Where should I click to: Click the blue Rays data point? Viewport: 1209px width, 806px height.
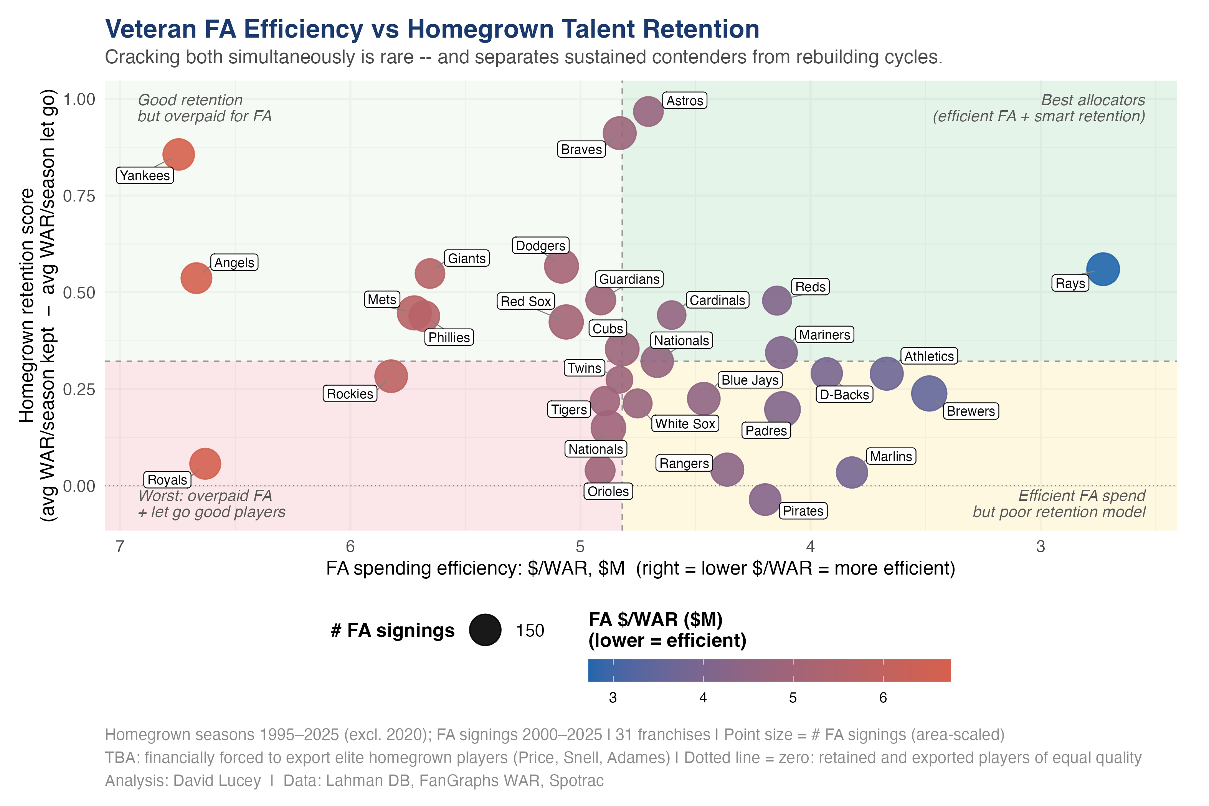(1103, 269)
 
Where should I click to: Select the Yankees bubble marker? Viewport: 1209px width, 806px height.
(178, 154)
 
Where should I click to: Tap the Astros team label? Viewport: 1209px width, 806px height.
(684, 101)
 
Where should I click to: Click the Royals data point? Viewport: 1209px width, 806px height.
(205, 463)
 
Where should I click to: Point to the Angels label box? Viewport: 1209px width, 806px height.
(234, 263)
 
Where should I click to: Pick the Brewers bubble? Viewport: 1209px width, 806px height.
(928, 393)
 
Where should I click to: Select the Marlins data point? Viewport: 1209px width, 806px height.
(851, 472)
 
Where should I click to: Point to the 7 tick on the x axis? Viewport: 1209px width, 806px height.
(120, 547)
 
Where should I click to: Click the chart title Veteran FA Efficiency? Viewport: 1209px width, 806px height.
(432, 29)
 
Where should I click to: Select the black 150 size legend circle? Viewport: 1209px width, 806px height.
(485, 630)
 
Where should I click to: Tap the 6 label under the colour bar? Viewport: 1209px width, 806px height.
(883, 697)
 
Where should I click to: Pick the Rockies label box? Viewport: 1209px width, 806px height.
(350, 394)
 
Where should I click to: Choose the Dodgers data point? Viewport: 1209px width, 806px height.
(561, 266)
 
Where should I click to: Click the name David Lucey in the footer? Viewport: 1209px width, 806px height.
(216, 780)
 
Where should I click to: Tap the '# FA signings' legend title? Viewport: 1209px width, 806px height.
(393, 630)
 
